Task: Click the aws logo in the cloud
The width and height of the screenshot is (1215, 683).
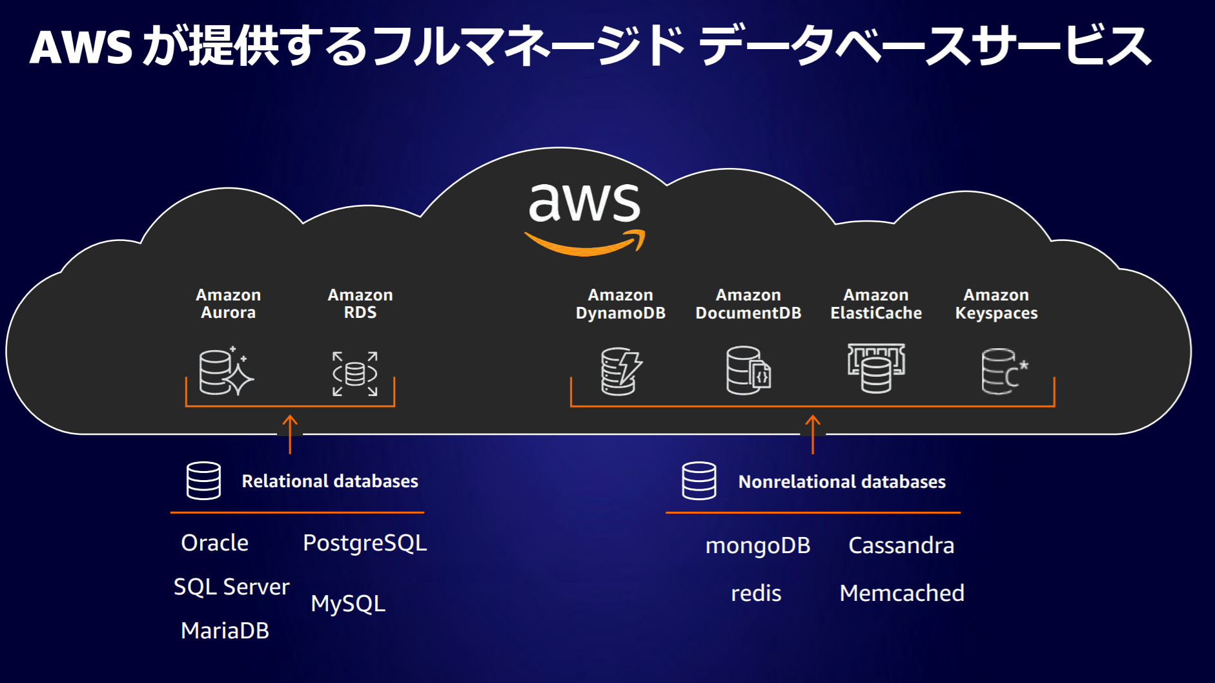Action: tap(585, 217)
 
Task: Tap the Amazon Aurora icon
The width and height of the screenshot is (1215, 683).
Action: tap(225, 372)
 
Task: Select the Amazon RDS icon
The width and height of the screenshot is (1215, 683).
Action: tap(355, 373)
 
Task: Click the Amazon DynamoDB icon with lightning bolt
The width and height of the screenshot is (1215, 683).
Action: tap(620, 372)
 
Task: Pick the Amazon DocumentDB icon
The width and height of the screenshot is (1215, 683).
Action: tap(748, 371)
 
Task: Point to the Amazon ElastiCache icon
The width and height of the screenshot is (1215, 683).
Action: tap(876, 368)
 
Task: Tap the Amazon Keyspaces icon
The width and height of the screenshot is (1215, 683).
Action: tap(1003, 372)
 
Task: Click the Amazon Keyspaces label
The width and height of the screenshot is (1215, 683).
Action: tap(996, 304)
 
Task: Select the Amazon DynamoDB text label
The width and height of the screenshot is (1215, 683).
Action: tap(620, 304)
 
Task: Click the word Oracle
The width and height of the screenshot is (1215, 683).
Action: tap(214, 543)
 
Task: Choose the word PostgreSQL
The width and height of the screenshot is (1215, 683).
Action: tap(365, 543)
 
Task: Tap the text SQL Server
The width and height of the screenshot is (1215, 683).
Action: tap(231, 587)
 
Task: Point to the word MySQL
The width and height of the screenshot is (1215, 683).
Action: tap(348, 604)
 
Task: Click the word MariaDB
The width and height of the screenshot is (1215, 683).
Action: tap(225, 631)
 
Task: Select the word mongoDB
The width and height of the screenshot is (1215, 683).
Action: tap(757, 546)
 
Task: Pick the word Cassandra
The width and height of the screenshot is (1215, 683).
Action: tap(901, 545)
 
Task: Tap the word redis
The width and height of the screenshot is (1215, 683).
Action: tap(755, 593)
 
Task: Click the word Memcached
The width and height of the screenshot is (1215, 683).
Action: tap(901, 593)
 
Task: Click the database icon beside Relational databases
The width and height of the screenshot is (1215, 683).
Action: tap(203, 481)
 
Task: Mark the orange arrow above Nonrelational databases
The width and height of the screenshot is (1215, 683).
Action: tap(813, 434)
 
